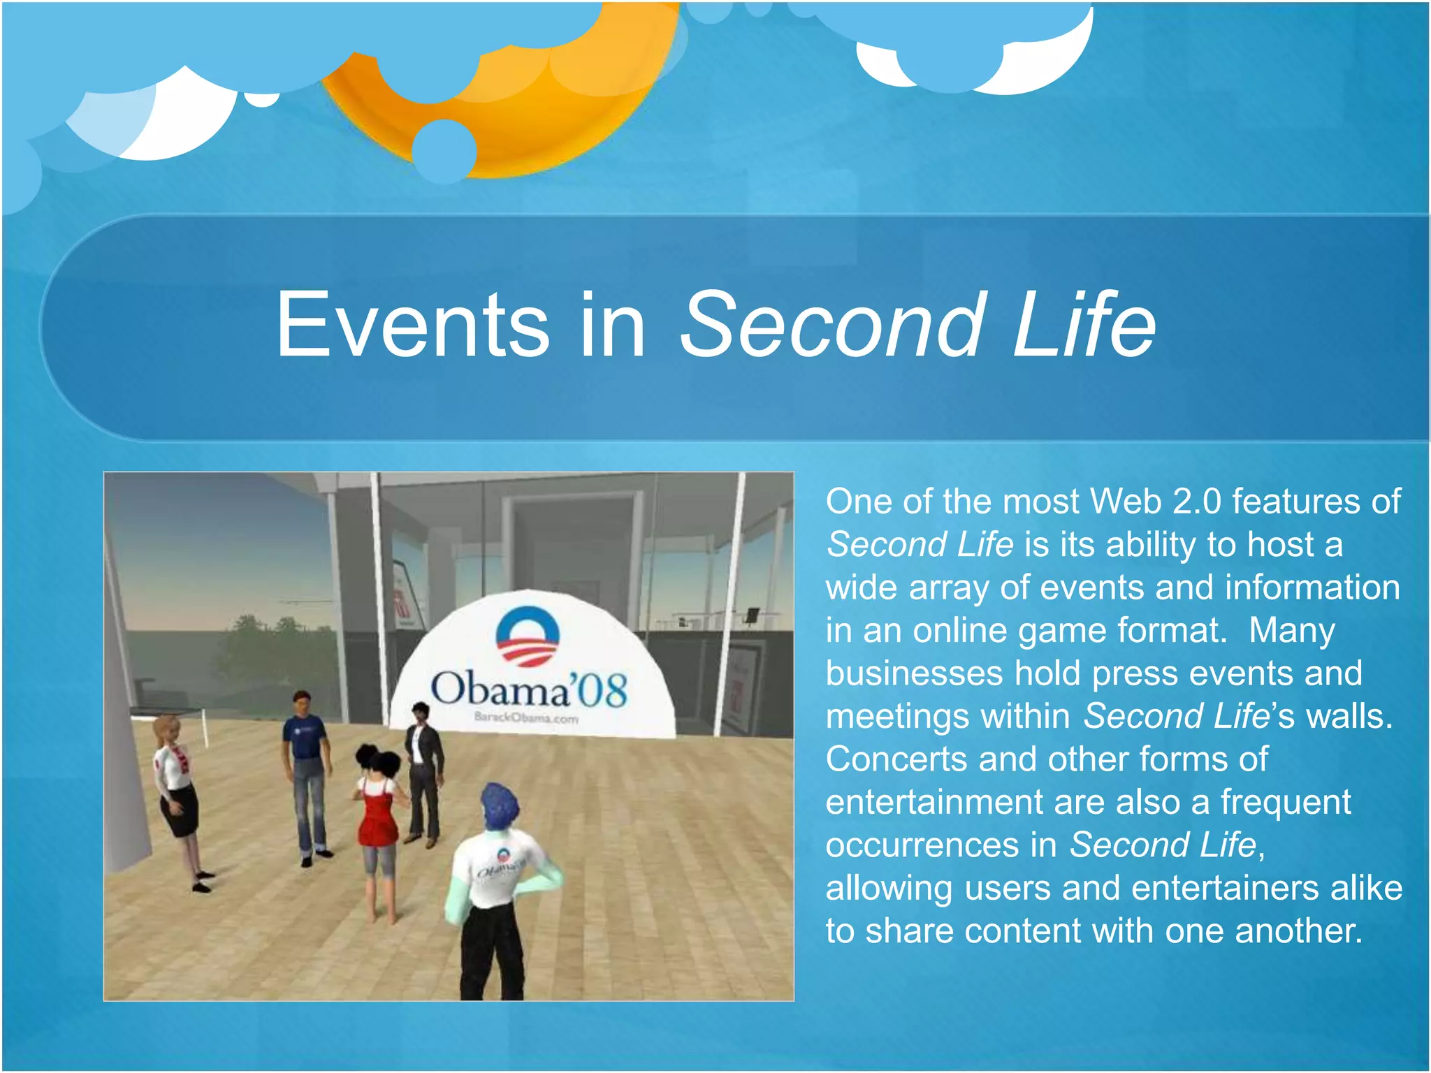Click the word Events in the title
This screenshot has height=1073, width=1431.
tap(412, 326)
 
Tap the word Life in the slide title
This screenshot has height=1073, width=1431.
tap(1083, 326)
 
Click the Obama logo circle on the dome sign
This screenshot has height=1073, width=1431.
tap(528, 636)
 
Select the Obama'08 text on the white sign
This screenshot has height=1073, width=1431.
tap(529, 689)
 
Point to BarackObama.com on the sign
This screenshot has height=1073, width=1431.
tap(526, 717)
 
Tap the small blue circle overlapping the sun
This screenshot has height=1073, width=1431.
tap(444, 151)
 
